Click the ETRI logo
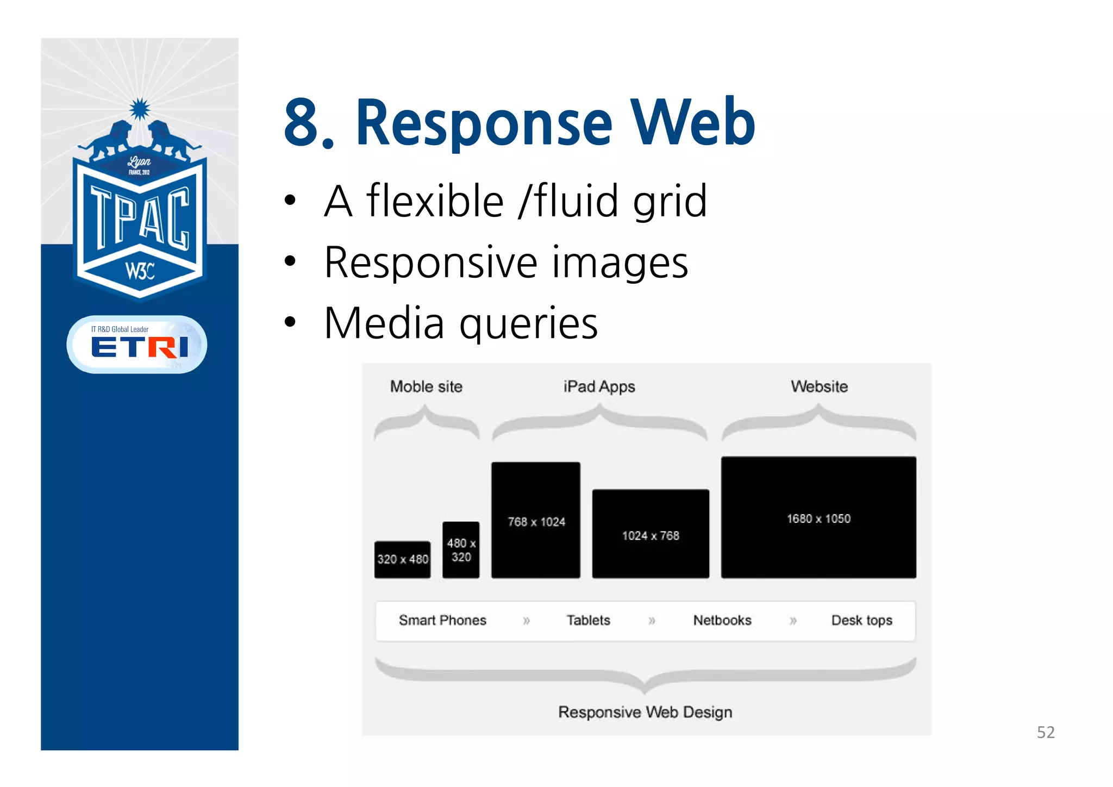click(139, 346)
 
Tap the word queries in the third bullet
click(528, 323)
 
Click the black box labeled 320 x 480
click(402, 559)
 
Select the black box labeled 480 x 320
click(461, 549)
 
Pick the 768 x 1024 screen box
click(536, 520)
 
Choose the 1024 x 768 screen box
click(651, 534)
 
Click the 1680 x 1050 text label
click(818, 519)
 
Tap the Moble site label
click(426, 386)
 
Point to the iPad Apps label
click(599, 386)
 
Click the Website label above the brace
click(819, 386)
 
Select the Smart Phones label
click(442, 620)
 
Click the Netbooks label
click(722, 620)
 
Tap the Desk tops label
click(861, 620)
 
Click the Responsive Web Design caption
click(645, 712)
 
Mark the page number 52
click(1046, 732)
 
